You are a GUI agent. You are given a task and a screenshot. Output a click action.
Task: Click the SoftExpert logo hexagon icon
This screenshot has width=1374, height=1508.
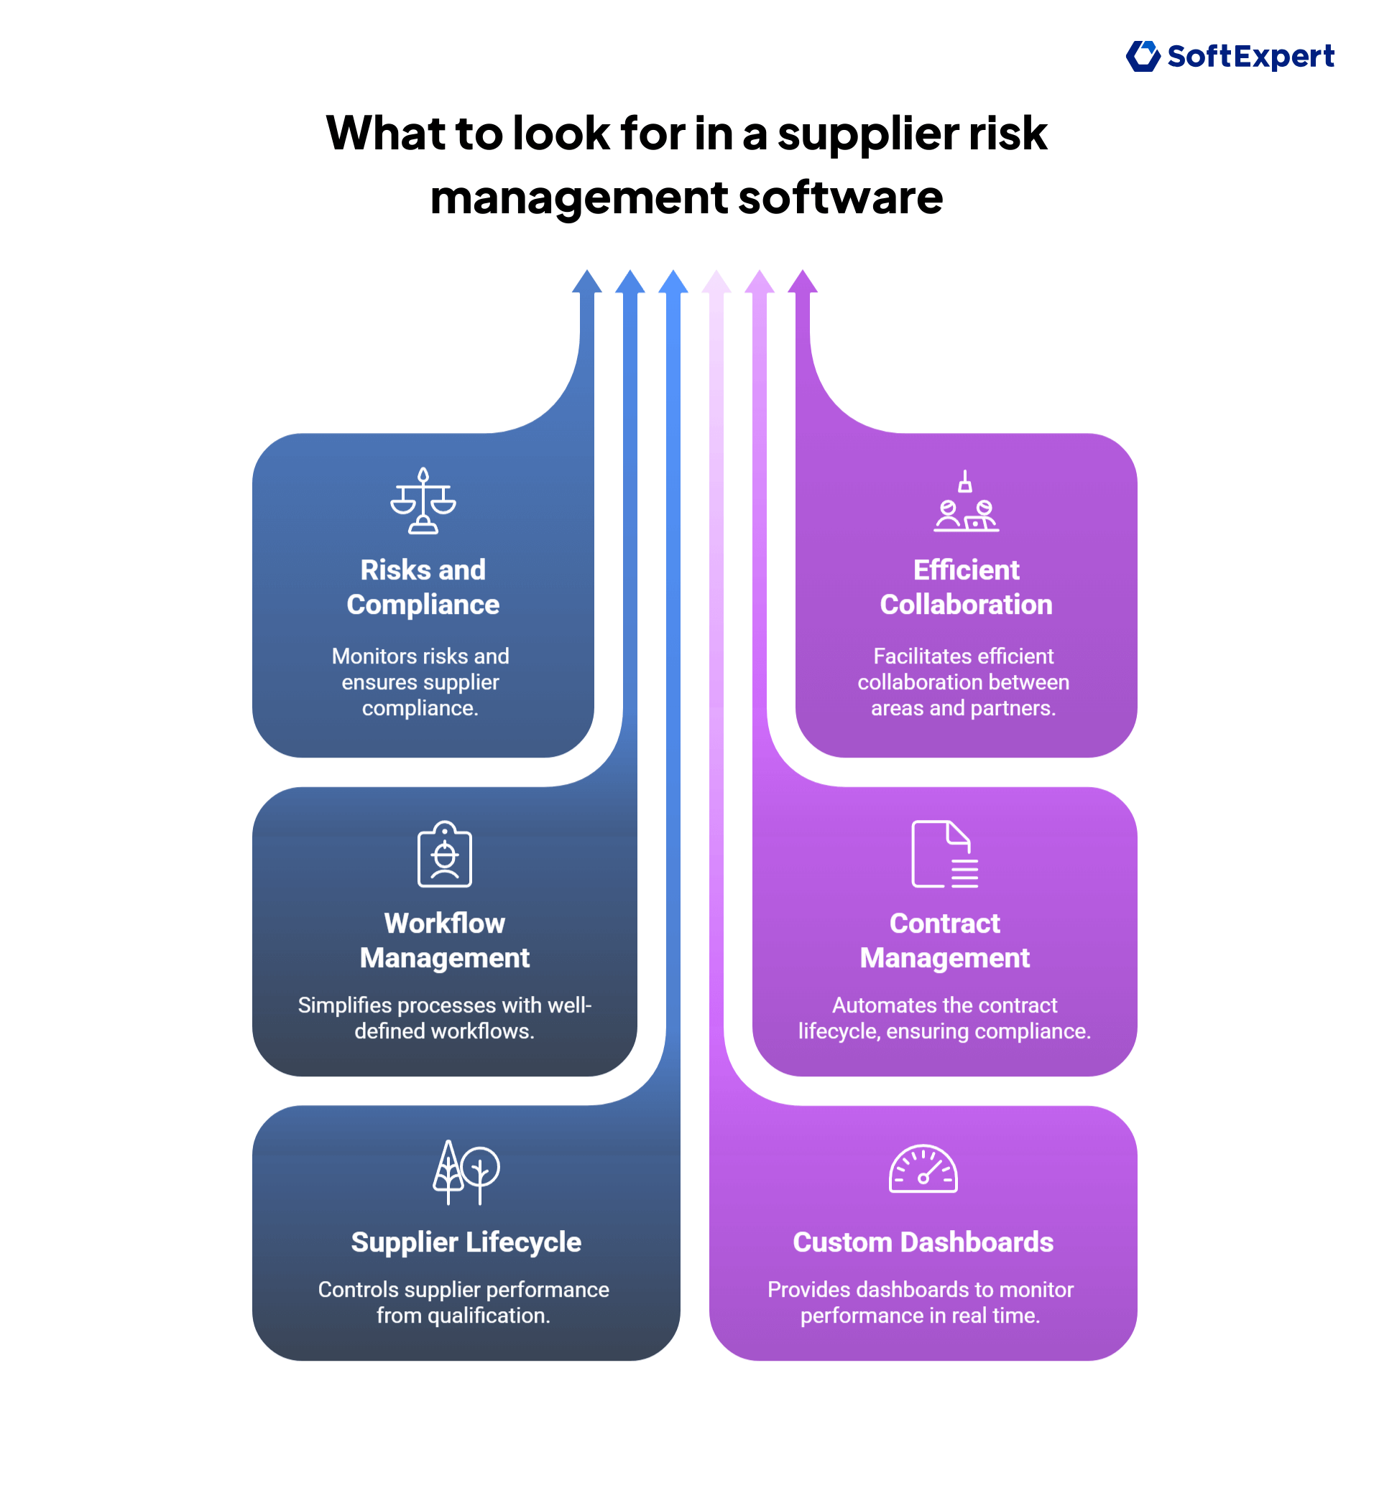1142,56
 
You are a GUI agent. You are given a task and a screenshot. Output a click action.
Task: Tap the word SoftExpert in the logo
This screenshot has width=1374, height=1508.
1250,57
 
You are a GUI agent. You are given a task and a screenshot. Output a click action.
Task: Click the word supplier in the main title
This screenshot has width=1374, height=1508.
867,133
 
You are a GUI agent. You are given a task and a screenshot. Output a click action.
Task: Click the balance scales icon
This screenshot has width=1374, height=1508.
423,501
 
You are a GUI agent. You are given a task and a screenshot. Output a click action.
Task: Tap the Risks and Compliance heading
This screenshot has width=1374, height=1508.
423,587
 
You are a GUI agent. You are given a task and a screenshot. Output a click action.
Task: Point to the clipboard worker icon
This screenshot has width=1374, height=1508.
445,855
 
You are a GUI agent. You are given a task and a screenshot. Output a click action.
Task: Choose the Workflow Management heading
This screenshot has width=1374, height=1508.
445,940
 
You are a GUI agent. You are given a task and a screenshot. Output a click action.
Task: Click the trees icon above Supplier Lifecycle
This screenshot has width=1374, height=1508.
466,1172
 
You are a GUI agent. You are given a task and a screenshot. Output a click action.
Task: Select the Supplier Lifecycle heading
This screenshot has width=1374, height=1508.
466,1242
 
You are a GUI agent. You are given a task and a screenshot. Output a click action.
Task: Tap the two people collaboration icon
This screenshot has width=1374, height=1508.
965,502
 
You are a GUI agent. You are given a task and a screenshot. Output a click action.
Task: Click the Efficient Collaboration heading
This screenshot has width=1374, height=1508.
965,587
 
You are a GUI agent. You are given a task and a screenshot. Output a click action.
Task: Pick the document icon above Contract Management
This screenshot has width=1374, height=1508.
944,855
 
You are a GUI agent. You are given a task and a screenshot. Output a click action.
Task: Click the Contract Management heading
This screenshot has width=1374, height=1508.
944,940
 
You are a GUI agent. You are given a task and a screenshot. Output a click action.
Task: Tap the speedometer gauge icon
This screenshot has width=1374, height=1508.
923,1169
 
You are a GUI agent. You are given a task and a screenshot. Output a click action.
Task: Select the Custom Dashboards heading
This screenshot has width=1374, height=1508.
923,1242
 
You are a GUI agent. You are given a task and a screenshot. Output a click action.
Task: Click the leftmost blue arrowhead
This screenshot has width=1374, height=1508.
586,282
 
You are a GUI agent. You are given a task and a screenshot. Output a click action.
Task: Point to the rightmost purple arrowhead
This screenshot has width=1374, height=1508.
802,282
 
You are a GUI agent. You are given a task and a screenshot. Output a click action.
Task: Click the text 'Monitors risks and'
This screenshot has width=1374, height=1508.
420,656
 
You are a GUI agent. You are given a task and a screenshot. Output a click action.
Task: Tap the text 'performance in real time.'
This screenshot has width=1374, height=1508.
920,1316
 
